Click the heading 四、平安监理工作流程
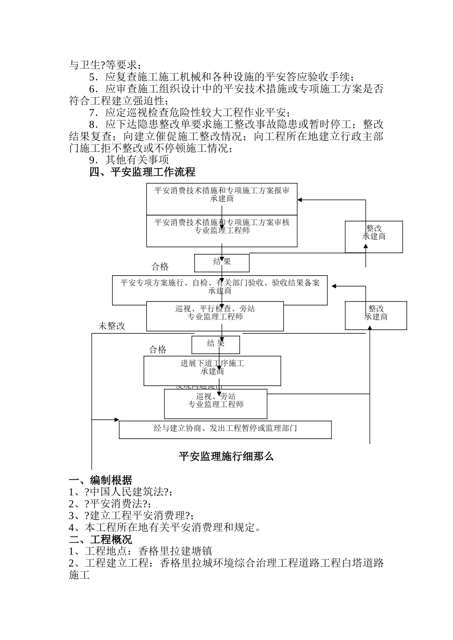(142, 172)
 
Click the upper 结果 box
(222, 262)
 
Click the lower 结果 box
(216, 344)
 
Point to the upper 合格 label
(160, 267)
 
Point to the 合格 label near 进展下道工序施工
(158, 350)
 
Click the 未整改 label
(112, 326)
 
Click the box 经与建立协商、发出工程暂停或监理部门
(225, 429)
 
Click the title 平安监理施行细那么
(226, 457)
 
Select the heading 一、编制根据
(101, 480)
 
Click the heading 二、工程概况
(101, 540)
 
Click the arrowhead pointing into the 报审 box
(300, 200)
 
